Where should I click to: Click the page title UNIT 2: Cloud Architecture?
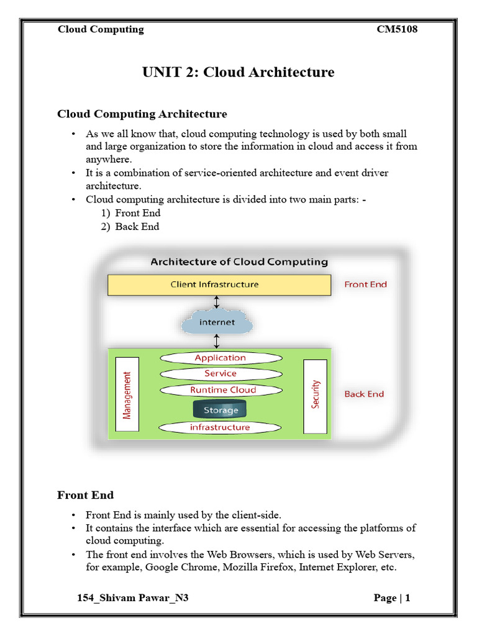238,72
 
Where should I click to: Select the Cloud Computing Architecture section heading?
142,114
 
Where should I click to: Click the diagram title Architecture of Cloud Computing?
239,262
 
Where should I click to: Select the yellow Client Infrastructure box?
219,285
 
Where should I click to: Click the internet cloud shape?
217,322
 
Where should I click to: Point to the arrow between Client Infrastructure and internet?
217,302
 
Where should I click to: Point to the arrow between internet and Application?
217,341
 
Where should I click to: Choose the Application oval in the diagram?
220,358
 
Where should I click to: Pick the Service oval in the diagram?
220,374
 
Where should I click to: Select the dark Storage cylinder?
220,410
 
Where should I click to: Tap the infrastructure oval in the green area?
220,427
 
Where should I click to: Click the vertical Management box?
127,395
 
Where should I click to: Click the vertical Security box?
315,396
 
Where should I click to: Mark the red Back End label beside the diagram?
364,394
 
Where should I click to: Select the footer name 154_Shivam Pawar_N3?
132,598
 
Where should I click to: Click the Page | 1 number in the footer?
392,598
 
